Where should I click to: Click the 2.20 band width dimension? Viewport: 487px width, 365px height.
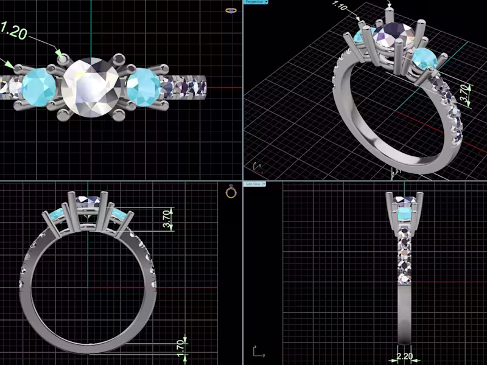pyautogui.click(x=404, y=356)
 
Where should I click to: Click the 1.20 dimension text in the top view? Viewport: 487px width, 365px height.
pyautogui.click(x=13, y=30)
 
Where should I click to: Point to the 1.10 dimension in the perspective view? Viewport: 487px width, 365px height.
pyautogui.click(x=339, y=7)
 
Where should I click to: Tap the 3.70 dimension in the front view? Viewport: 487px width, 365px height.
pyautogui.click(x=167, y=219)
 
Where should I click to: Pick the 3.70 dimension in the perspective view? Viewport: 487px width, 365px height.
pyautogui.click(x=464, y=95)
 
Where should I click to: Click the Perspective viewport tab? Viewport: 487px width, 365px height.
pyautogui.click(x=253, y=2)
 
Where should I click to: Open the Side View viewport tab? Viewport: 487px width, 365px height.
pyautogui.click(x=253, y=183)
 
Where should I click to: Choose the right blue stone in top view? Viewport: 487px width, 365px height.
pyautogui.click(x=144, y=86)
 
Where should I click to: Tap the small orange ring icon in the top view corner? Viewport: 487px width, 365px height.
pyautogui.click(x=231, y=10)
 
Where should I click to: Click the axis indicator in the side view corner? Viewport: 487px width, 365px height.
pyautogui.click(x=258, y=352)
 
